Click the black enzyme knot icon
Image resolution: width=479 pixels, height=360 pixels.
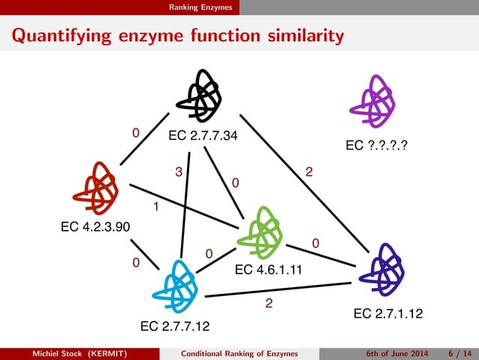click(199, 95)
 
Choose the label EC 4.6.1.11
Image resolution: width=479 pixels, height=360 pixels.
click(270, 270)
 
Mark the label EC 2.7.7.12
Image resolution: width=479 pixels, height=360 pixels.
click(175, 326)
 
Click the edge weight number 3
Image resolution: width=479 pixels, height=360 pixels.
click(179, 171)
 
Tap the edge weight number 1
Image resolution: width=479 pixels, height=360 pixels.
click(155, 205)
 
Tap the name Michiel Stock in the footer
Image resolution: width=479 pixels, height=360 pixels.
click(53, 353)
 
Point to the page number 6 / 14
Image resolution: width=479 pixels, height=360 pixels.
click(458, 353)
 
